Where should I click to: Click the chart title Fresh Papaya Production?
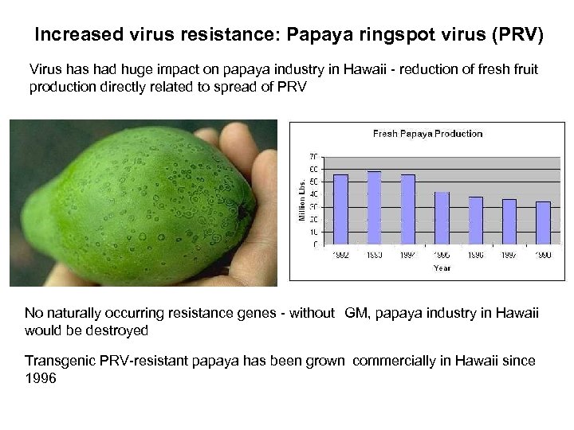click(427, 133)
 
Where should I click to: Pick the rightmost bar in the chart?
click(543, 222)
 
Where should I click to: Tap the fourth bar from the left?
click(442, 217)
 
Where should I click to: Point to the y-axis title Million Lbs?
click(303, 199)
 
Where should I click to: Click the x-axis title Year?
click(441, 268)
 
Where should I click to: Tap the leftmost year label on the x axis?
click(340, 254)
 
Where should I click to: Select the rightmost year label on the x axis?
click(543, 254)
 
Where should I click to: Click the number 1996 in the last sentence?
click(41, 380)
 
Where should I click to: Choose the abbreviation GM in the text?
click(356, 313)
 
